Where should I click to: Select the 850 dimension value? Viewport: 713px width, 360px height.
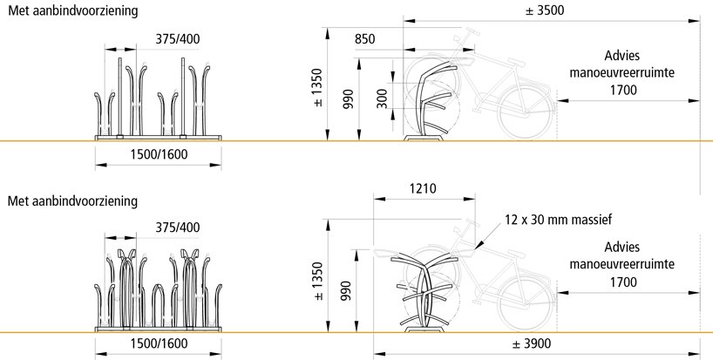(x=366, y=39)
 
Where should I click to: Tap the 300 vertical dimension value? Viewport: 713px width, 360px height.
(x=382, y=98)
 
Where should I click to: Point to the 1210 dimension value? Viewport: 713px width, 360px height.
(x=421, y=187)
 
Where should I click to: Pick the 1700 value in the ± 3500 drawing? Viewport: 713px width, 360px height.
(x=623, y=89)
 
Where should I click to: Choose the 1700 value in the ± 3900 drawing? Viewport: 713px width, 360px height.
(x=623, y=282)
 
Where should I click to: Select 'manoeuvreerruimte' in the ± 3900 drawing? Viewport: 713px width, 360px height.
(x=623, y=263)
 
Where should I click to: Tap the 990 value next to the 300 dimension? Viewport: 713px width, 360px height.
(x=348, y=98)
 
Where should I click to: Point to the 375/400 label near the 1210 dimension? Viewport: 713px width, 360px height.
(x=177, y=228)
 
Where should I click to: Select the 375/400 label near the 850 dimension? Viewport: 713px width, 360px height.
(x=177, y=39)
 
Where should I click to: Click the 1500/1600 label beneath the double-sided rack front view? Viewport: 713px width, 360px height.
(x=157, y=345)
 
